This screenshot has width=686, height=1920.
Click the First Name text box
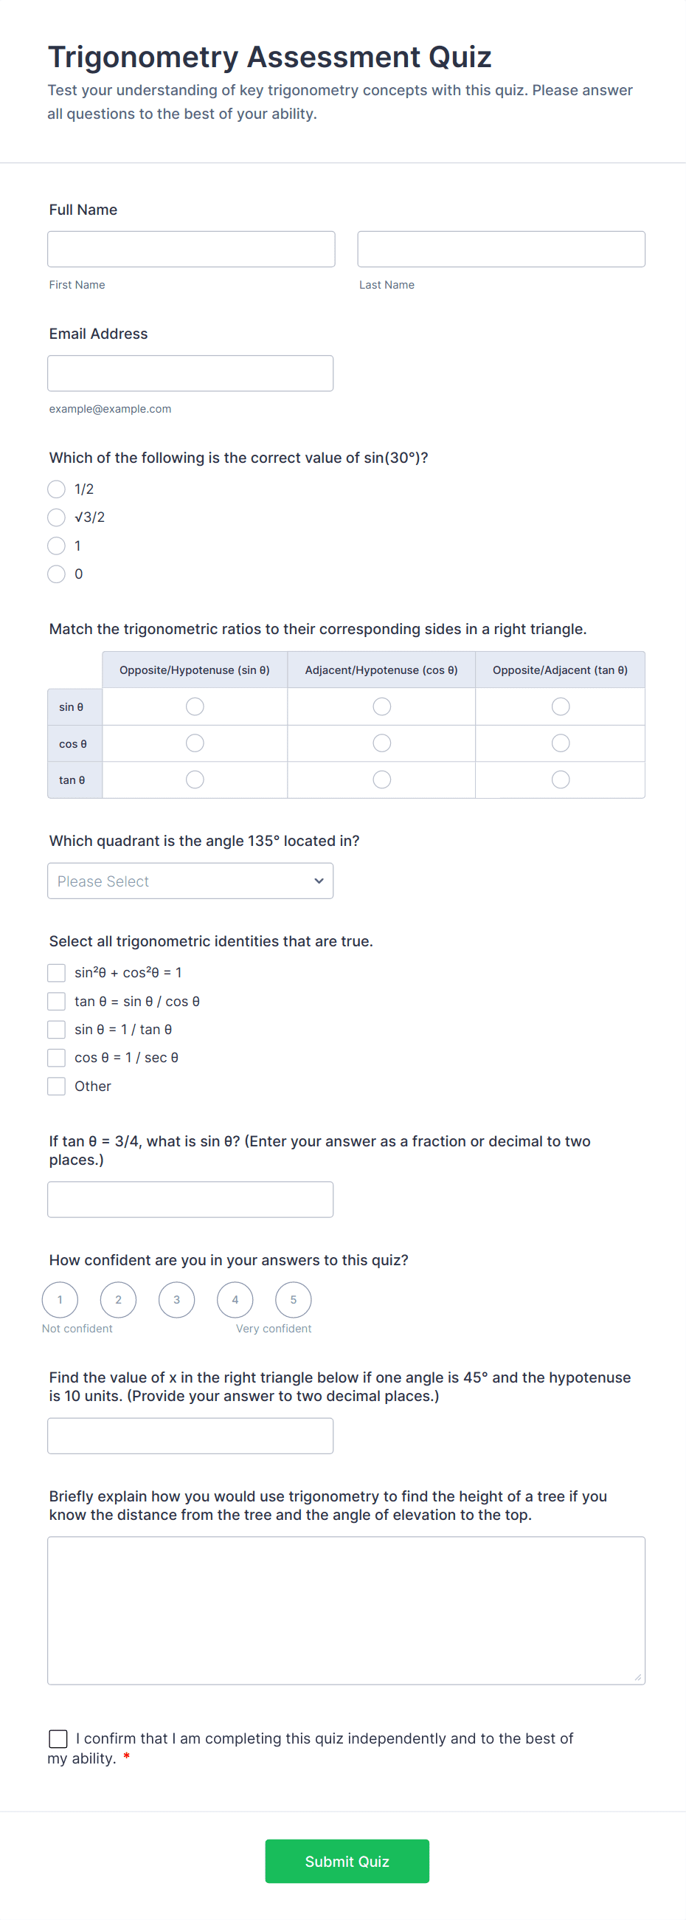[191, 249]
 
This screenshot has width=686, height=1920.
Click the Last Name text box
[501, 249]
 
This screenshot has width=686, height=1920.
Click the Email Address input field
[190, 373]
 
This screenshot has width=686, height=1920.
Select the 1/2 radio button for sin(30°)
[57, 489]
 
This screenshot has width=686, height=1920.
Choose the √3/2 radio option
[57, 517]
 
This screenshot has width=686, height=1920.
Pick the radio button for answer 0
[57, 574]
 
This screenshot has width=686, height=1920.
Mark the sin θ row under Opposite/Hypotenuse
[195, 706]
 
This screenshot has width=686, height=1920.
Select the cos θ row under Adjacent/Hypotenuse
[381, 743]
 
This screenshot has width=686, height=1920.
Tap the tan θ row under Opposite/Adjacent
[560, 780]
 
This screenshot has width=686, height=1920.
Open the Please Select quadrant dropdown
[190, 881]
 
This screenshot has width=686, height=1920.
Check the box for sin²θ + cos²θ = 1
[57, 973]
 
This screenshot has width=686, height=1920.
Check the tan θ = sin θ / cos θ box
[57, 1001]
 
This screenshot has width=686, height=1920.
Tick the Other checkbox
[57, 1086]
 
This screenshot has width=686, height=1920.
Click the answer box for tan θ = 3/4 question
[190, 1200]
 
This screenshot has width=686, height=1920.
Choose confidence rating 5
[293, 1300]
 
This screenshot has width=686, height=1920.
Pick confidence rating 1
[60, 1300]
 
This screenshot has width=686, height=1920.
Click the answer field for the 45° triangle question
[190, 1436]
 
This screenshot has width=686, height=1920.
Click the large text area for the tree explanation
[346, 1610]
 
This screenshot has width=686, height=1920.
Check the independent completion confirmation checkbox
[58, 1739]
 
